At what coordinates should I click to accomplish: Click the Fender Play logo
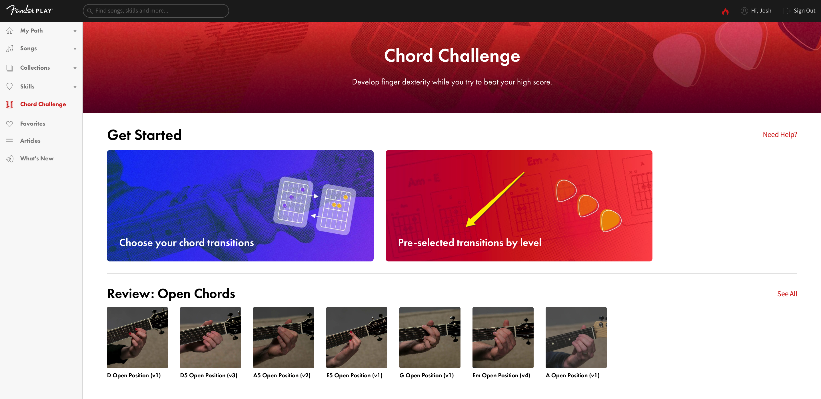coord(29,10)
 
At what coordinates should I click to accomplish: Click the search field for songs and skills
coord(156,11)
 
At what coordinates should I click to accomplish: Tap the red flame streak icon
coord(725,11)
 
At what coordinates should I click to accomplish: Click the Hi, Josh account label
coord(761,11)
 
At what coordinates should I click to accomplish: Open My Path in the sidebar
coord(31,31)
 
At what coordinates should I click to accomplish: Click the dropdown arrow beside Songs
coord(75,49)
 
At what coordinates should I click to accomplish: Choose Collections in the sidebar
coord(35,68)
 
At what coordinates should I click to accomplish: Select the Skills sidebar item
coord(27,86)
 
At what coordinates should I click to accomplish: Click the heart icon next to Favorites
coord(9,124)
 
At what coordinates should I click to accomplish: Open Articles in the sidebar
coord(30,140)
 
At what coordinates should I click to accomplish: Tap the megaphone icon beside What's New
coord(9,159)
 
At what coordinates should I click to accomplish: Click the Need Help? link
coord(780,134)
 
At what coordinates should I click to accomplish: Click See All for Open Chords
coord(787,294)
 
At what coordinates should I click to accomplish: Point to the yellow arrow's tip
coord(466,227)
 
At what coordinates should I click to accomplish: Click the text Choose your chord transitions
coord(187,243)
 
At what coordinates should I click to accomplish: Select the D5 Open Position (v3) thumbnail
coord(210,338)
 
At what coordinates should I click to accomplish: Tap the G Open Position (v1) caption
coord(426,375)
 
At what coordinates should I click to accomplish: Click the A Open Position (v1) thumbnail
coord(576,338)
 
